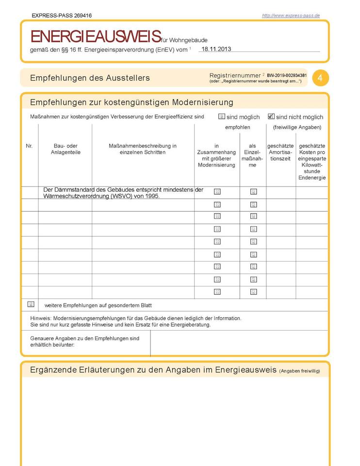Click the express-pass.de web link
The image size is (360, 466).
[291, 16]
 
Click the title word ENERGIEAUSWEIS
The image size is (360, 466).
[96, 36]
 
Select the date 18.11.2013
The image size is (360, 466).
[217, 49]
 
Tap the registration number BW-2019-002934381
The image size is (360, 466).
[287, 76]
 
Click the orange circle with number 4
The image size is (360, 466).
[320, 78]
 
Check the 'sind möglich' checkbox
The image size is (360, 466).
[222, 116]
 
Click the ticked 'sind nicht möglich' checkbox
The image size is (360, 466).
[271, 116]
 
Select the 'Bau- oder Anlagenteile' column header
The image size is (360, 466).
[65, 149]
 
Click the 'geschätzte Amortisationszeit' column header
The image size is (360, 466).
[281, 152]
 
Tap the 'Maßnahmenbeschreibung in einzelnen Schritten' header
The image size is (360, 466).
[143, 149]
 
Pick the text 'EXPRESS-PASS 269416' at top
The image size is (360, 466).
[62, 16]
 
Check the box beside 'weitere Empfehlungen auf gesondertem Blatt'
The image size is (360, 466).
[31, 304]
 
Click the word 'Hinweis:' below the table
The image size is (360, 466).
[40, 318]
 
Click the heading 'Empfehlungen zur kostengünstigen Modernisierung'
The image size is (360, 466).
[131, 102]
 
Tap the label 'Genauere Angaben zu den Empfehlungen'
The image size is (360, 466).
[84, 338]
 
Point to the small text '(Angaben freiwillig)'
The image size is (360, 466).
[299, 371]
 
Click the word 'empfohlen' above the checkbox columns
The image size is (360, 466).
[238, 127]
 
